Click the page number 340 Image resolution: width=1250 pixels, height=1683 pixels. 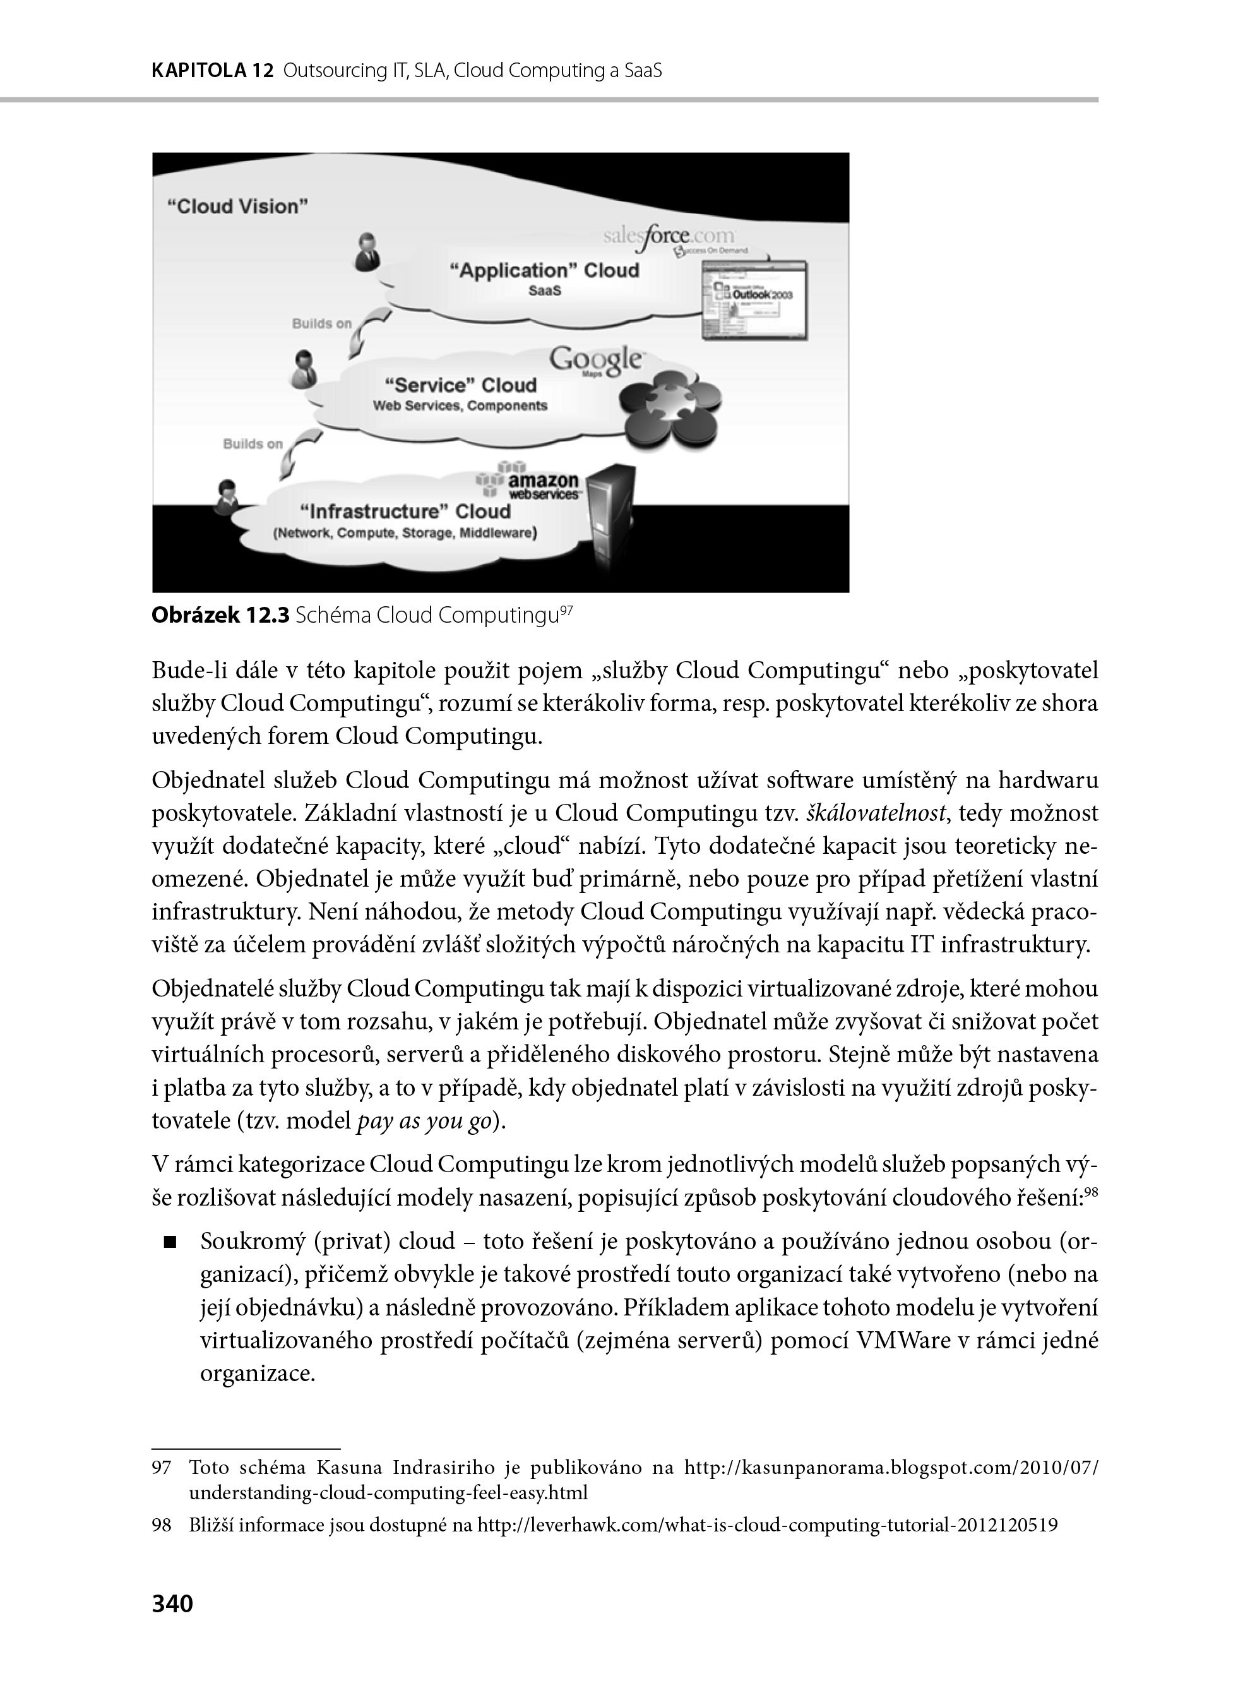[172, 1603]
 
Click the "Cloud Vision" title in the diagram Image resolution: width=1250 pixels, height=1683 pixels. [237, 207]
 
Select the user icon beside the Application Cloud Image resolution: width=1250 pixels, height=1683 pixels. [367, 251]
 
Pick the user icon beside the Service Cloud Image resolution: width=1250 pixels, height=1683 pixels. [304, 369]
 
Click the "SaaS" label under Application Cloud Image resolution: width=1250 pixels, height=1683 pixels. [545, 291]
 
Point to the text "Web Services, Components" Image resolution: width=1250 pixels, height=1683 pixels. [460, 405]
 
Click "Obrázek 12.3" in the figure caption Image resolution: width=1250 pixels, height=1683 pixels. [220, 615]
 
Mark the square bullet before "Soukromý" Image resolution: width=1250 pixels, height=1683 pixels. [169, 1242]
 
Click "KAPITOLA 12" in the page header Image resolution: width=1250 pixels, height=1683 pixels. [212, 71]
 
